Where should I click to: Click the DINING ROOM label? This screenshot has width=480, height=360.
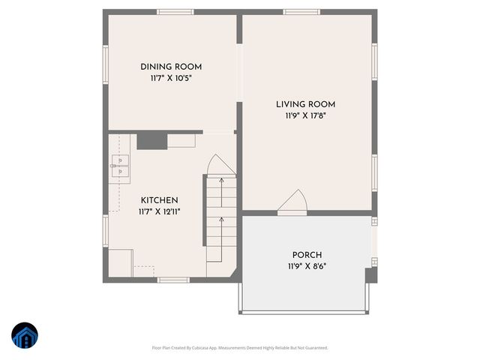(171, 67)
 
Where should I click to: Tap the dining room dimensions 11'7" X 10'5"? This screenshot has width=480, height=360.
(171, 78)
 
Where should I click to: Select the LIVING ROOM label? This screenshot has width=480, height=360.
(305, 104)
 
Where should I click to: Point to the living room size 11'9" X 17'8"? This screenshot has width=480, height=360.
(305, 115)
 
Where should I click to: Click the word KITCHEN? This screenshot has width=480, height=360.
(159, 200)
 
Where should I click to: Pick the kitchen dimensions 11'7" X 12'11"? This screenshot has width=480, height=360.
(159, 211)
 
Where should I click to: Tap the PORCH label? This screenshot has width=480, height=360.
(307, 255)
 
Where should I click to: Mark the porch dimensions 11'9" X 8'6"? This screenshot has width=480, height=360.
(307, 266)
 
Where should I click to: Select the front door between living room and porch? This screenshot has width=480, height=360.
(292, 204)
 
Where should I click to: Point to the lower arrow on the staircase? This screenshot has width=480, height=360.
(220, 220)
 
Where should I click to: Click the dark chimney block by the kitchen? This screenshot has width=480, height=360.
(151, 139)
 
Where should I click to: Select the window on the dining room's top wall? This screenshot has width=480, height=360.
(175, 12)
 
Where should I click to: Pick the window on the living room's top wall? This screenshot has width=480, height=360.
(301, 12)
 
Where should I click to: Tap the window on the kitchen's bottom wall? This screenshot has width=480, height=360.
(172, 280)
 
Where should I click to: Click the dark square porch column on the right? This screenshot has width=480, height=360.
(370, 275)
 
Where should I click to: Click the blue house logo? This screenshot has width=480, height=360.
(24, 336)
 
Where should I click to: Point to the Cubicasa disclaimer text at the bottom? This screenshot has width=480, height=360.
(240, 348)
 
